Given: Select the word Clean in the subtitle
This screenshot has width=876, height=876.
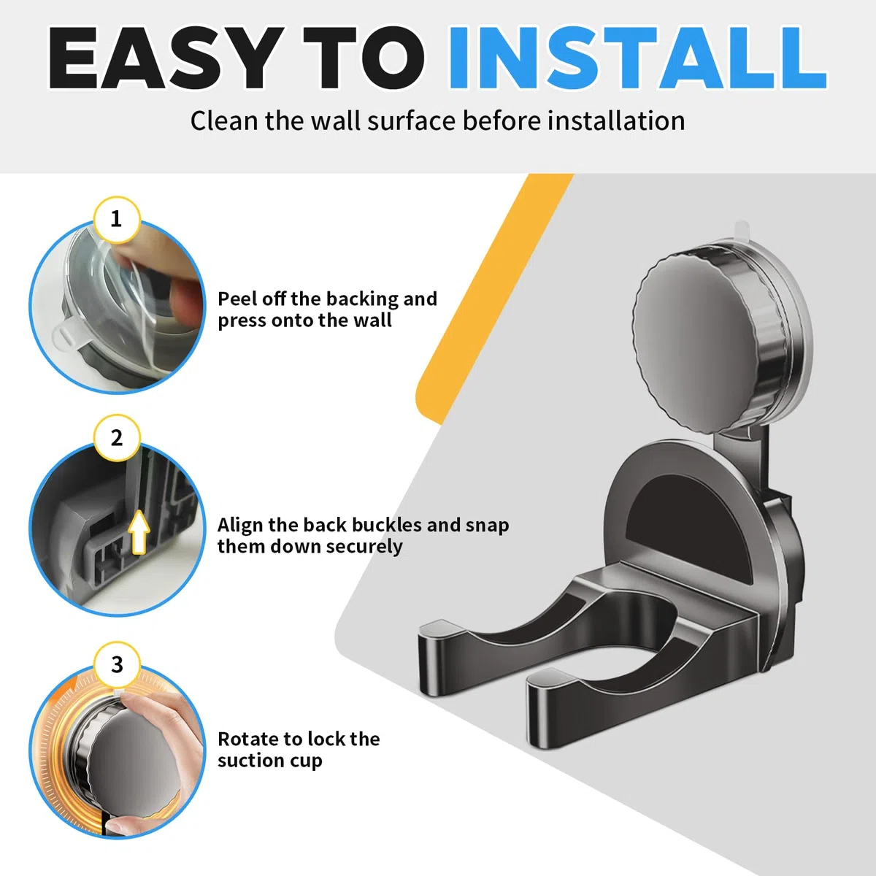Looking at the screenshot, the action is coord(225,121).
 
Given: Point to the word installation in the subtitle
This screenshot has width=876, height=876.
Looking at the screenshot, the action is coord(616,121).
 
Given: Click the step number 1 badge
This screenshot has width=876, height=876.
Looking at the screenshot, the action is coord(116,219).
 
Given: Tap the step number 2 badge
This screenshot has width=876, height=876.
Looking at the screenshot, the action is coord(117,438).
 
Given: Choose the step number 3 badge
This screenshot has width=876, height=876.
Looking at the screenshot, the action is coord(118,664).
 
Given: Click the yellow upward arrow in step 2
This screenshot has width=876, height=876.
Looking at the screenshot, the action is coord(139,532).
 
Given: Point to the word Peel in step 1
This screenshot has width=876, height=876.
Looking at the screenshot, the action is coord(237,299).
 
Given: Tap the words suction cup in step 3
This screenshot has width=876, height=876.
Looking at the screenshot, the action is coord(270,761).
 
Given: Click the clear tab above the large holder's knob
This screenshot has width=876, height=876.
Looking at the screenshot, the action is coord(742,233).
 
